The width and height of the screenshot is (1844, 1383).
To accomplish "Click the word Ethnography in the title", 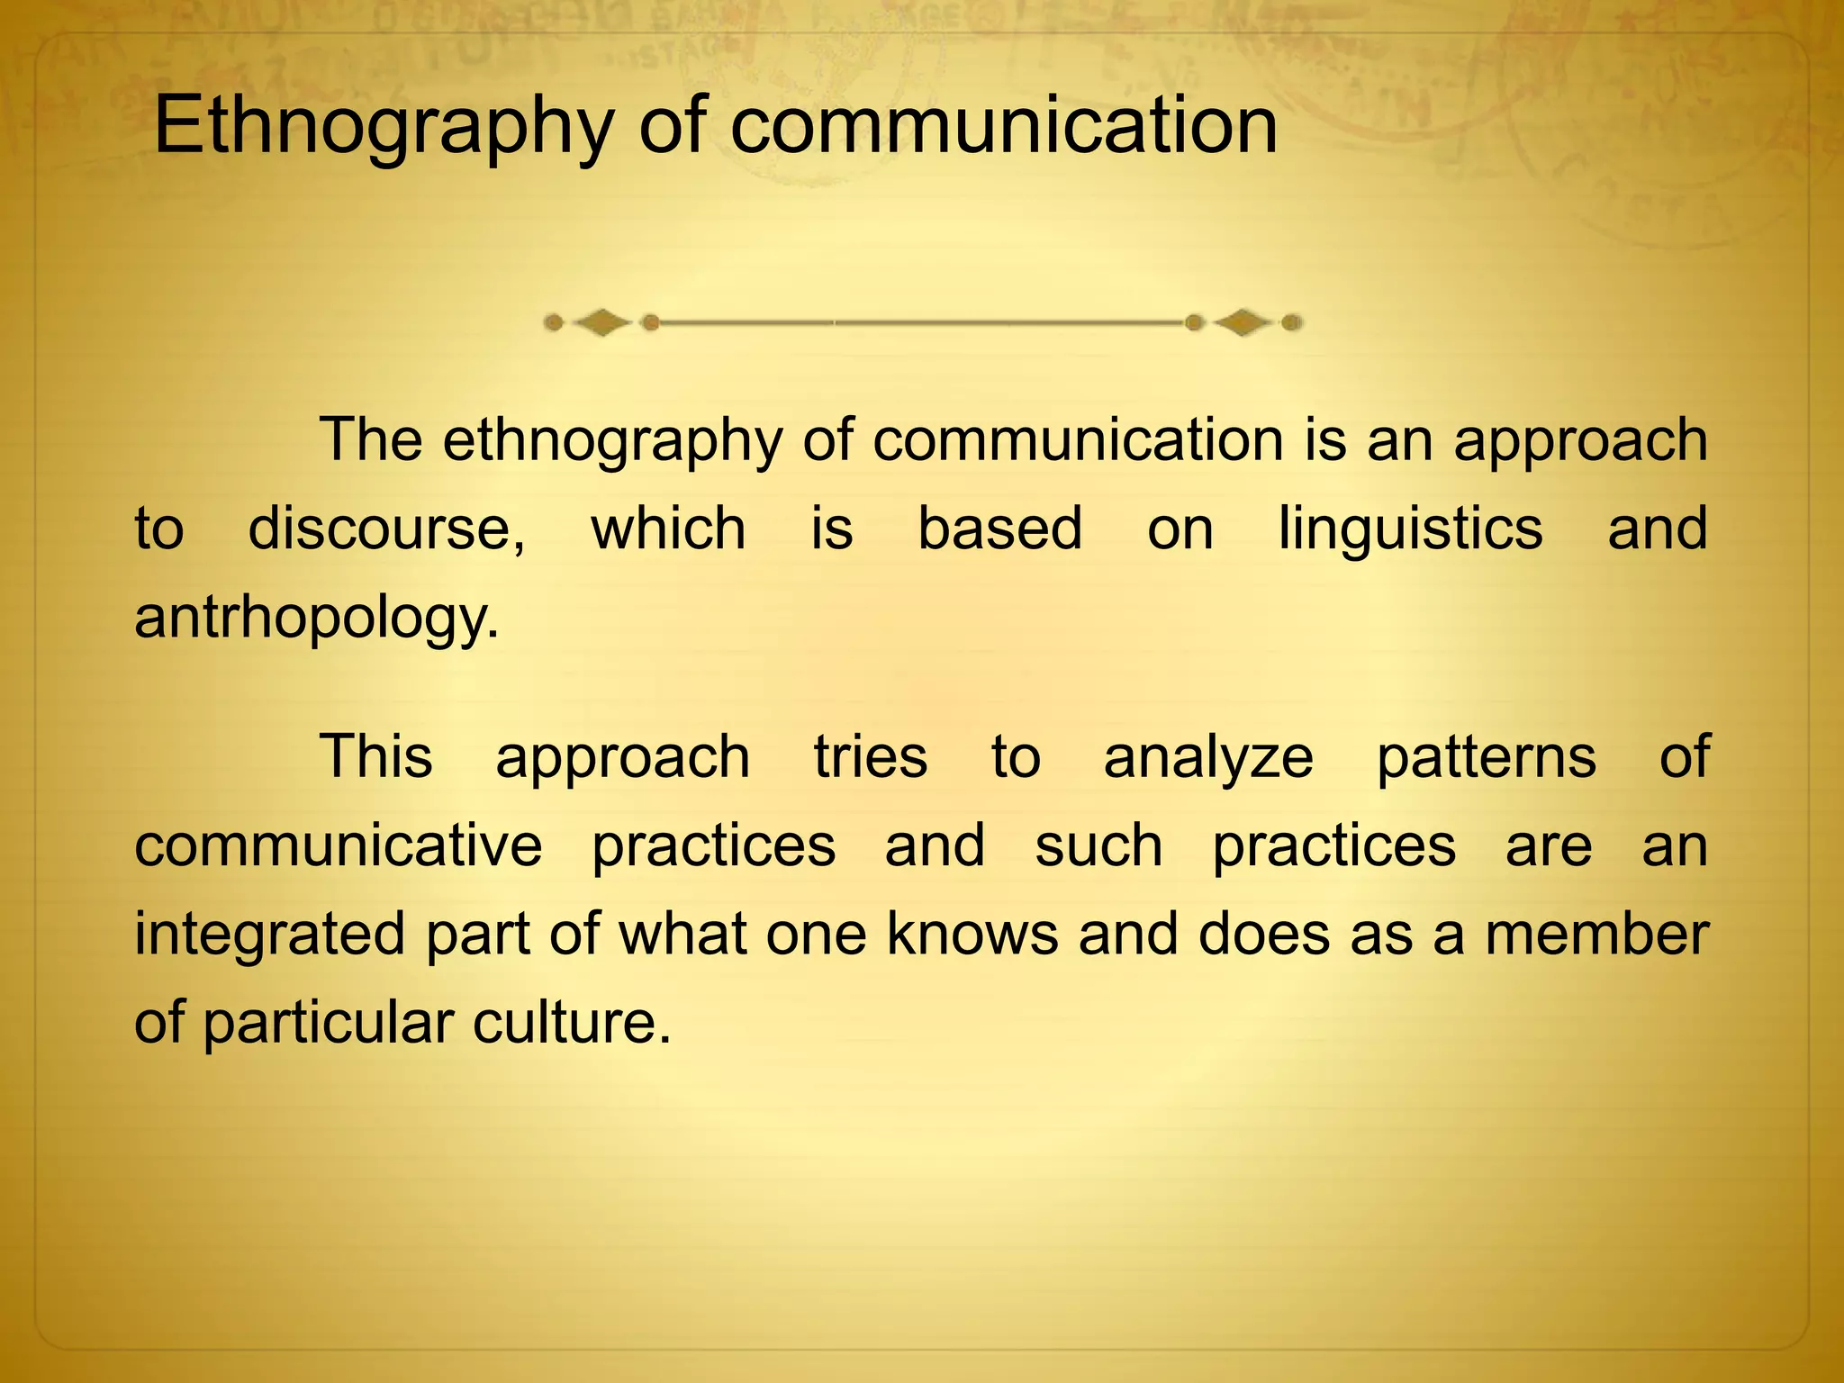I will point(384,128).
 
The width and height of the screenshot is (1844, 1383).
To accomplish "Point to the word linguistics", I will point(1411,529).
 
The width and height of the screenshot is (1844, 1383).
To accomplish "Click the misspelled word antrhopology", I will point(316,619).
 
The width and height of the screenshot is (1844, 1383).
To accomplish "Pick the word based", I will point(999,529).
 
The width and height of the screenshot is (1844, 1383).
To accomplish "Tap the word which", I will point(668,529).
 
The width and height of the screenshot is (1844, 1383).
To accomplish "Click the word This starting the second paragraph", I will point(375,756).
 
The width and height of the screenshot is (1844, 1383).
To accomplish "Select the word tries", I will point(870,756).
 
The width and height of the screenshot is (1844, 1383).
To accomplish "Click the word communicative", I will point(339,845).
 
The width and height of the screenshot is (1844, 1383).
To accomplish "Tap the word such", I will point(1098,845).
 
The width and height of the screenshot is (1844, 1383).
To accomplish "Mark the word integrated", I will point(270,936).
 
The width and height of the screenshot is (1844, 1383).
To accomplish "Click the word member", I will point(1596,934).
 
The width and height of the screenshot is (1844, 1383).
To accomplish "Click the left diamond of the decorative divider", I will point(601,322).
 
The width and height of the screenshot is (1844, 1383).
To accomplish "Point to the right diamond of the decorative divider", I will point(1243,322).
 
